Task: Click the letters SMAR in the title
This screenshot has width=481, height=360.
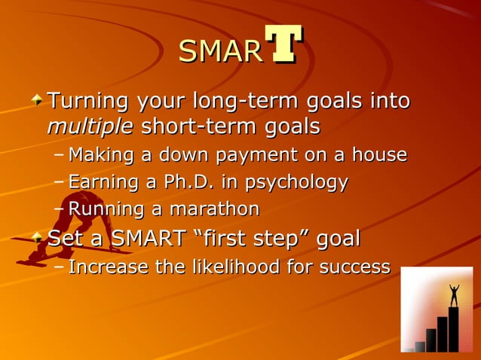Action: tap(220, 51)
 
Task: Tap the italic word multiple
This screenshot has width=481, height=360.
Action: tap(90, 126)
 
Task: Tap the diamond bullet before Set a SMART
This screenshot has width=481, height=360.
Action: tap(37, 239)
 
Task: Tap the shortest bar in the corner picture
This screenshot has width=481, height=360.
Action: tap(420, 346)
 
